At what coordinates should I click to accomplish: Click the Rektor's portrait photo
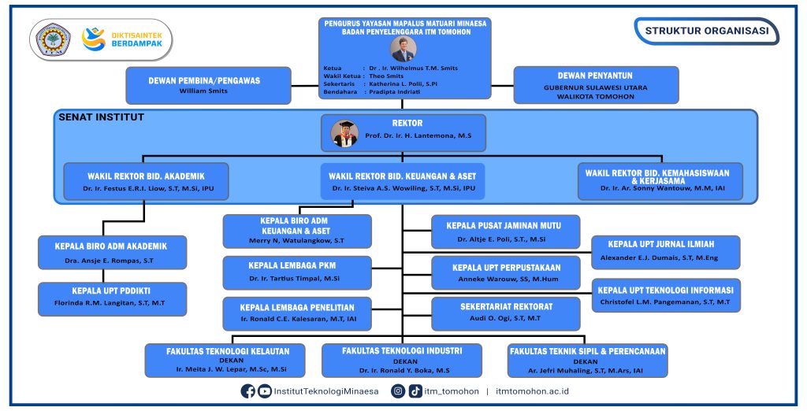click(x=344, y=134)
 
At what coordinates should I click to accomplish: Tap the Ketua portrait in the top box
click(x=403, y=49)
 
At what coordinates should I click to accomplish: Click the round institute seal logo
click(x=54, y=40)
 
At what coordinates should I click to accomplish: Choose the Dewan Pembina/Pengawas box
click(x=208, y=85)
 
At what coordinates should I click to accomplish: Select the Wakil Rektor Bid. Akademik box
click(x=146, y=182)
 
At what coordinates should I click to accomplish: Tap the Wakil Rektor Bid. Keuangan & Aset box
click(x=402, y=182)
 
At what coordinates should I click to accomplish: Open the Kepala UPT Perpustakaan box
click(x=506, y=272)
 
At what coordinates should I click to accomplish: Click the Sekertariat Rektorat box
click(x=506, y=311)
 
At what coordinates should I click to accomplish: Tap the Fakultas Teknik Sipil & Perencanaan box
click(x=586, y=359)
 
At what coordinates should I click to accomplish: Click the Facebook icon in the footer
click(x=247, y=391)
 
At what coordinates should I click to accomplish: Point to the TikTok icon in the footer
click(x=415, y=391)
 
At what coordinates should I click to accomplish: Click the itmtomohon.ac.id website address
click(x=533, y=391)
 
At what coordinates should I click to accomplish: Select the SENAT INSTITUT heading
click(x=101, y=117)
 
